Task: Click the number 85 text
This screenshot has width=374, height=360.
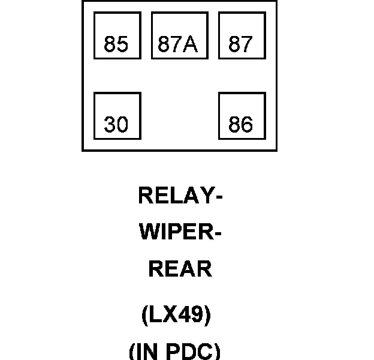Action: pos(116,44)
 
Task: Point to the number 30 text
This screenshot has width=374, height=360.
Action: pos(116,124)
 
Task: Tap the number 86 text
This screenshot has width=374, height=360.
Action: pos(240,124)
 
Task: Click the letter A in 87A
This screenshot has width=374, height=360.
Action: pos(190,44)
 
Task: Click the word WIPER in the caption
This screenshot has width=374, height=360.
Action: pos(177,232)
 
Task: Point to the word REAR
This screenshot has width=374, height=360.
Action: pos(180,269)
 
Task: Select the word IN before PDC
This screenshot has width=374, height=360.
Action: pos(147,352)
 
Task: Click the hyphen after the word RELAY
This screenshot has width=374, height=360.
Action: pos(219,197)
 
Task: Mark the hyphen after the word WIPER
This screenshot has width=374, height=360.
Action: pos(218,234)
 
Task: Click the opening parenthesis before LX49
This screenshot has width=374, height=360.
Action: pos(144,315)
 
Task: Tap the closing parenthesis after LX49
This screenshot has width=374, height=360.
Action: pos(208,315)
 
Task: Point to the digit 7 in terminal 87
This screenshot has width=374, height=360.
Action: pos(246,44)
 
